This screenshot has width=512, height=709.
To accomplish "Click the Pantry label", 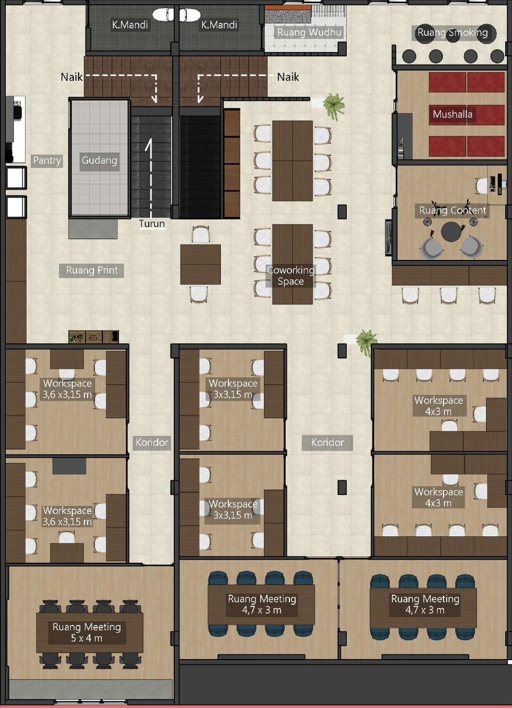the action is click(x=47, y=161).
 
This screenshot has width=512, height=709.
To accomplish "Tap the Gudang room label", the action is click(x=99, y=160).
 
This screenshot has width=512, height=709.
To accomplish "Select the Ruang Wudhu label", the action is click(x=309, y=32).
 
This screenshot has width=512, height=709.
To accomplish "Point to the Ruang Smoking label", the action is click(x=453, y=32).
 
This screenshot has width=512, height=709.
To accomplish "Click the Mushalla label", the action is click(x=453, y=114).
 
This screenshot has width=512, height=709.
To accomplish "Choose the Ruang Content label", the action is click(x=453, y=210).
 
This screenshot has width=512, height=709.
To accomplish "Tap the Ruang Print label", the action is click(x=91, y=271).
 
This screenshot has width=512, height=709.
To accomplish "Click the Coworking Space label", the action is click(x=291, y=276).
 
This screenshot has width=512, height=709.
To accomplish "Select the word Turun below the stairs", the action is click(x=152, y=223).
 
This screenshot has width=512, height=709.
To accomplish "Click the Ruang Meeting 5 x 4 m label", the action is click(x=87, y=632).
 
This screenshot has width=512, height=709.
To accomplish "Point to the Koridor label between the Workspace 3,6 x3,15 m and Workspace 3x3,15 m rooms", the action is click(x=152, y=442).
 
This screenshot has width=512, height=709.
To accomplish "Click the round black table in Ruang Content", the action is click(x=451, y=232).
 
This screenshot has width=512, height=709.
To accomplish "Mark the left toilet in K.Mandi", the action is click(x=164, y=14).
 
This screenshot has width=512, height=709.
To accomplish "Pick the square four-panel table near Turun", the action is click(x=201, y=264).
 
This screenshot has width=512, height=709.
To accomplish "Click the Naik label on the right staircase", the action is click(x=288, y=77).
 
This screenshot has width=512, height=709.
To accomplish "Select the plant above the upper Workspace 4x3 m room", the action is click(x=366, y=341).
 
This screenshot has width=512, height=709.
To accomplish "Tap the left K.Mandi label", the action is click(x=130, y=24).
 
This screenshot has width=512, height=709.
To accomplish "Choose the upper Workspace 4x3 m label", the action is click(x=439, y=406).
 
